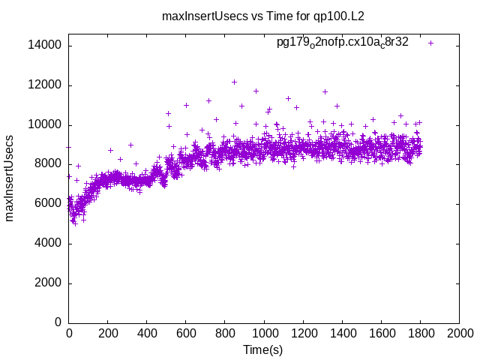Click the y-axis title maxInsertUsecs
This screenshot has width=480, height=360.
coord(10,178)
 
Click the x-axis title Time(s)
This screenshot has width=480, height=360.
coord(263,350)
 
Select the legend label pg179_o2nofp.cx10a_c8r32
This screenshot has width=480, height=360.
coord(343,43)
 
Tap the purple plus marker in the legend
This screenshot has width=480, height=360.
coord(430,43)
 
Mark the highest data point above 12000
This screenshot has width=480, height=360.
coord(234,82)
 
